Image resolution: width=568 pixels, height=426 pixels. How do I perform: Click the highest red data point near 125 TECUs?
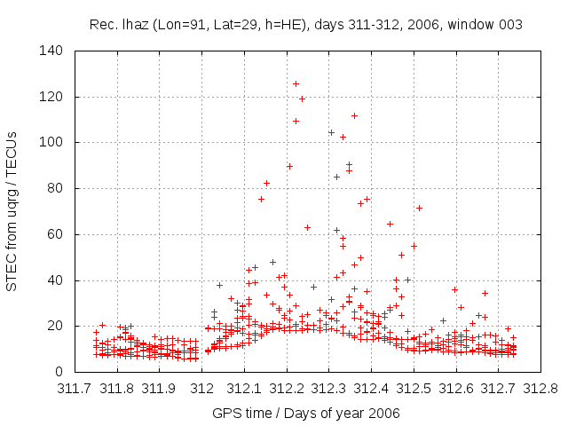[x=296, y=83]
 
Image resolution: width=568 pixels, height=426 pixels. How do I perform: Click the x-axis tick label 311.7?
[x=75, y=389]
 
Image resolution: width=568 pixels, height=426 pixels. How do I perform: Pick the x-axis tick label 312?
[x=202, y=389]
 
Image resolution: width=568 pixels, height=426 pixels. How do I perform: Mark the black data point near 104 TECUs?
[x=331, y=132]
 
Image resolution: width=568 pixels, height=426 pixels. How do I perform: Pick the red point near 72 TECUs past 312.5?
[x=419, y=208]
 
